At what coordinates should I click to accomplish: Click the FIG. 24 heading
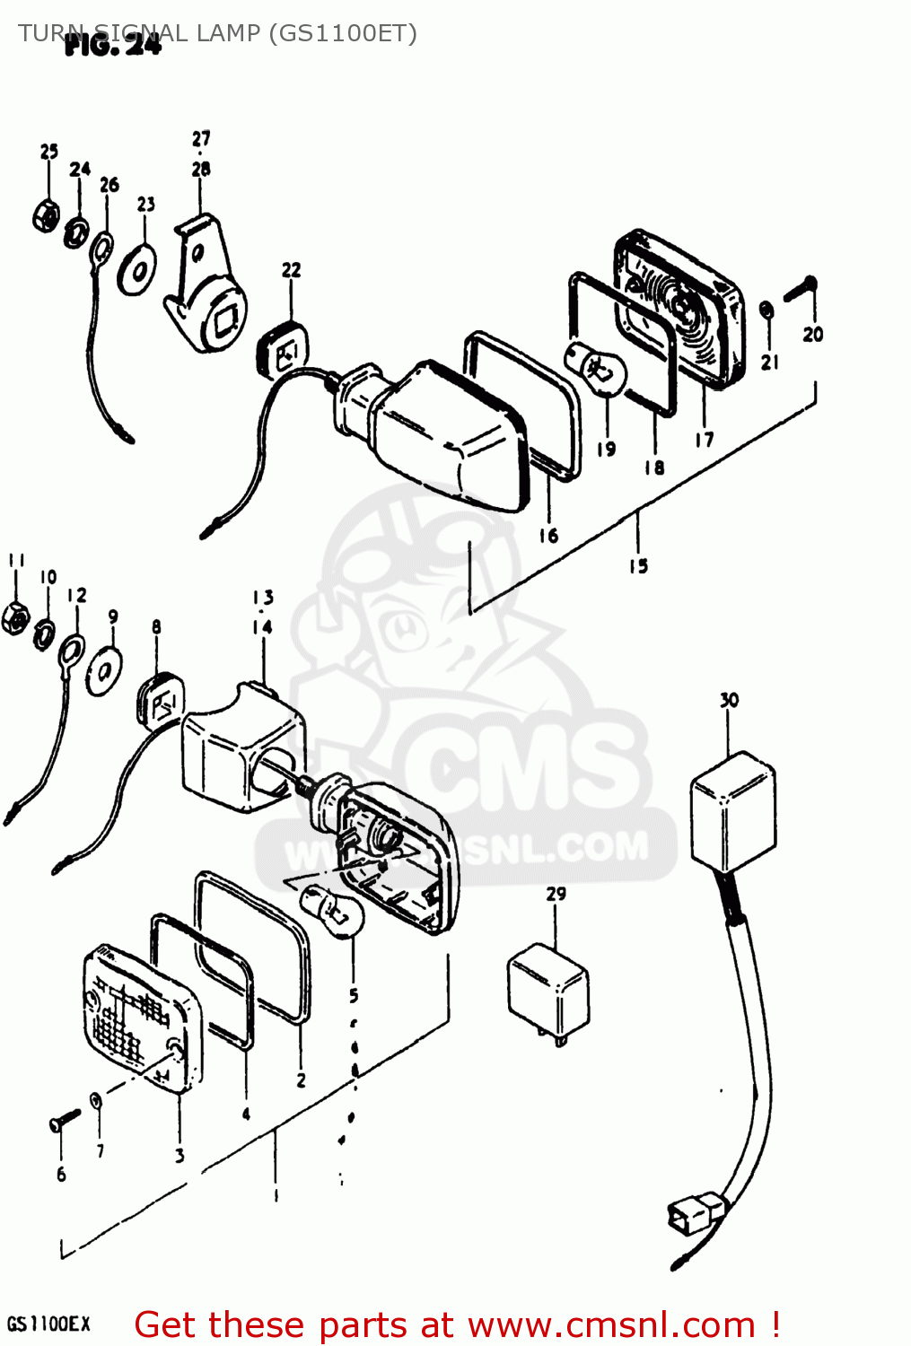[113, 44]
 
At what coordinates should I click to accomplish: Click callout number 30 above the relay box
[729, 700]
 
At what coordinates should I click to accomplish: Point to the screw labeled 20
[801, 290]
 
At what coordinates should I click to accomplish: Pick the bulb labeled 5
[335, 909]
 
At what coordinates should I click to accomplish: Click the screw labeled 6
[65, 1121]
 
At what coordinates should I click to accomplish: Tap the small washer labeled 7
[96, 1099]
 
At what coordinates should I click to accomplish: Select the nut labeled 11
[15, 617]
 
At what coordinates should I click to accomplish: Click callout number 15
[638, 566]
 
